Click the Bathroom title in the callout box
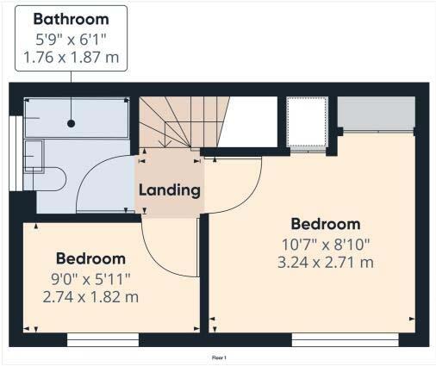pyautogui.click(x=72, y=19)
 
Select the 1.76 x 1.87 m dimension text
pyautogui.click(x=72, y=59)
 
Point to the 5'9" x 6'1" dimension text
pyautogui.click(x=72, y=39)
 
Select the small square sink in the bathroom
pyautogui.click(x=34, y=156)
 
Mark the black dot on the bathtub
pyautogui.click(x=71, y=124)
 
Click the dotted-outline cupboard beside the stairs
pyautogui.click(x=308, y=125)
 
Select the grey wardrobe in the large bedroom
pyautogui.click(x=376, y=113)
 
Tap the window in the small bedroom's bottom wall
pyautogui.click(x=103, y=341)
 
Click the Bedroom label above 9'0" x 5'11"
pyautogui.click(x=90, y=258)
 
